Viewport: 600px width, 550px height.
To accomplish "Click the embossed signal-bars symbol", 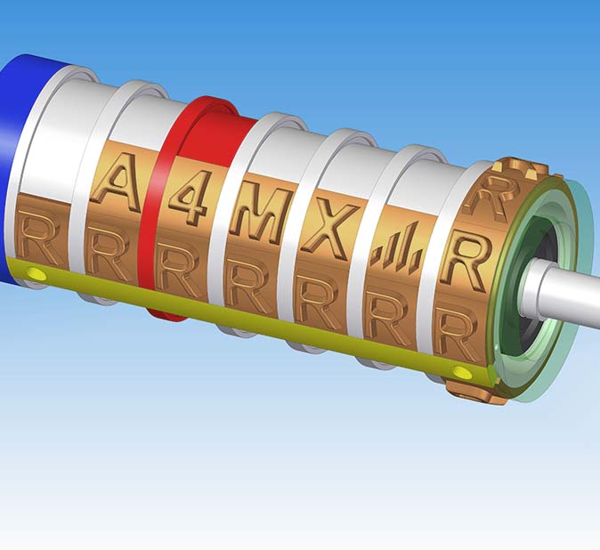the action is pos(395,251).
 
